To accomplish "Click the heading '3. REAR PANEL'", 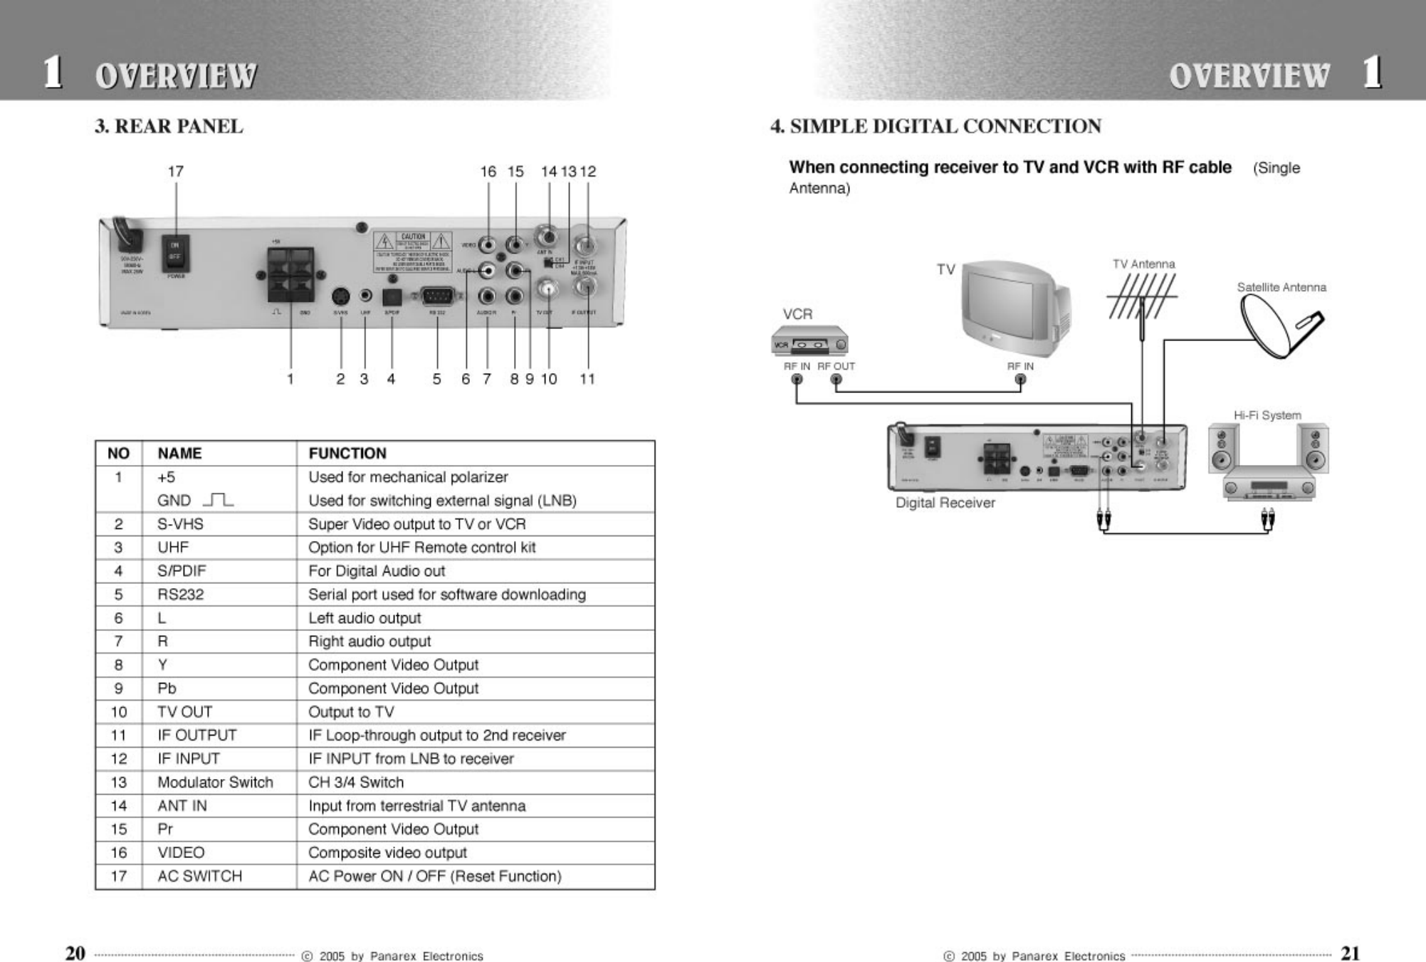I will click(169, 127).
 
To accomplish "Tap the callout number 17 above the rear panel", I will click(175, 172).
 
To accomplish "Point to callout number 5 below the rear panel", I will click(436, 379).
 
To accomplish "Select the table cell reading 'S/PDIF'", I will click(182, 571).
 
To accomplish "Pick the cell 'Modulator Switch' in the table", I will click(215, 783).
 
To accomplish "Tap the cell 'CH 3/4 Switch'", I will click(356, 783).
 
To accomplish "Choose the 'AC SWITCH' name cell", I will click(199, 877).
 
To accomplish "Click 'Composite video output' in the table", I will click(387, 853).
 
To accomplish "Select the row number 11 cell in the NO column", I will click(118, 736).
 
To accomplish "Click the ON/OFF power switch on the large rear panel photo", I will click(175, 253).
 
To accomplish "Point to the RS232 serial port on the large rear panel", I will click(437, 296).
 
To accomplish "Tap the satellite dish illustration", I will click(1279, 326).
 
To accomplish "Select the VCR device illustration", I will click(809, 340).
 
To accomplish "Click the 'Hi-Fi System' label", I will click(1267, 415).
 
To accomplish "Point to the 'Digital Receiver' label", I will click(945, 503).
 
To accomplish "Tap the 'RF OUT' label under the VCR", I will click(836, 366).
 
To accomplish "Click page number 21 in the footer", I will click(1350, 953).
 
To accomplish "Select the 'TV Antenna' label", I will click(1143, 264).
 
